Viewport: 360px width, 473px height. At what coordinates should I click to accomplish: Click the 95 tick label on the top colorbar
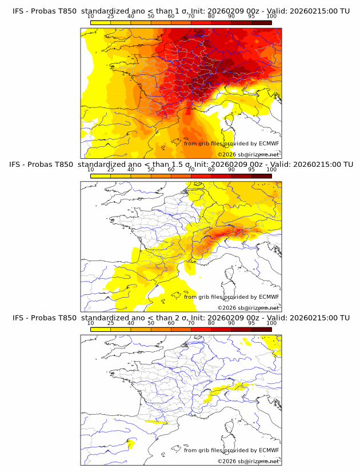click(x=251, y=16)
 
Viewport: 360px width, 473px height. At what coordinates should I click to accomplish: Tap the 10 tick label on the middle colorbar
click(x=90, y=170)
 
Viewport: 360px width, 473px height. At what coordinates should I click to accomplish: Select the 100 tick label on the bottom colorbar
click(x=271, y=323)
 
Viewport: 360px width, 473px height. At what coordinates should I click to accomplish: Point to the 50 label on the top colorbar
click(x=151, y=16)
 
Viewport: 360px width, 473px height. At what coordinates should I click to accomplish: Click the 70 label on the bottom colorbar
click(x=191, y=323)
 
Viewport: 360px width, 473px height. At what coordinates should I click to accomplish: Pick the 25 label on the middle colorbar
click(x=110, y=170)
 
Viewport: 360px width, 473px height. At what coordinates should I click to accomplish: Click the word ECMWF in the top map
click(x=269, y=143)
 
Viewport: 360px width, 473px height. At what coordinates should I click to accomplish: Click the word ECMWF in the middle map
click(x=269, y=297)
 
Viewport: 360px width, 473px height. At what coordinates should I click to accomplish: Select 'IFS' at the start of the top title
click(x=18, y=10)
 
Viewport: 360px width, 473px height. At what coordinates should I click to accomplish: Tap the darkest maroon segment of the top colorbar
click(x=262, y=22)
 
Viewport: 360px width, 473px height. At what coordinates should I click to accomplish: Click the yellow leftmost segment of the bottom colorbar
click(x=100, y=330)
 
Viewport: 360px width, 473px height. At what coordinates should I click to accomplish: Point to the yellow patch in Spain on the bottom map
click(x=130, y=443)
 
